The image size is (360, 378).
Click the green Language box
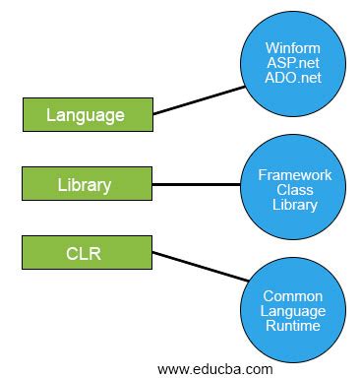[x=86, y=115]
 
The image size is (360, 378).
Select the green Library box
[x=86, y=184]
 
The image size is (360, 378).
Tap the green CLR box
[x=86, y=252]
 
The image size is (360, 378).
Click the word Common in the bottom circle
[x=295, y=295]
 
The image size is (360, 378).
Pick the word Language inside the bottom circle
[x=295, y=310]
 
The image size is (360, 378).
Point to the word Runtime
[x=295, y=326]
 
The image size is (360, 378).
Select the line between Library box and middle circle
[x=197, y=184]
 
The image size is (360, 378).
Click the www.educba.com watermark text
[x=215, y=368]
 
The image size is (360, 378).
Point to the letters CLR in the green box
[x=86, y=252]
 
